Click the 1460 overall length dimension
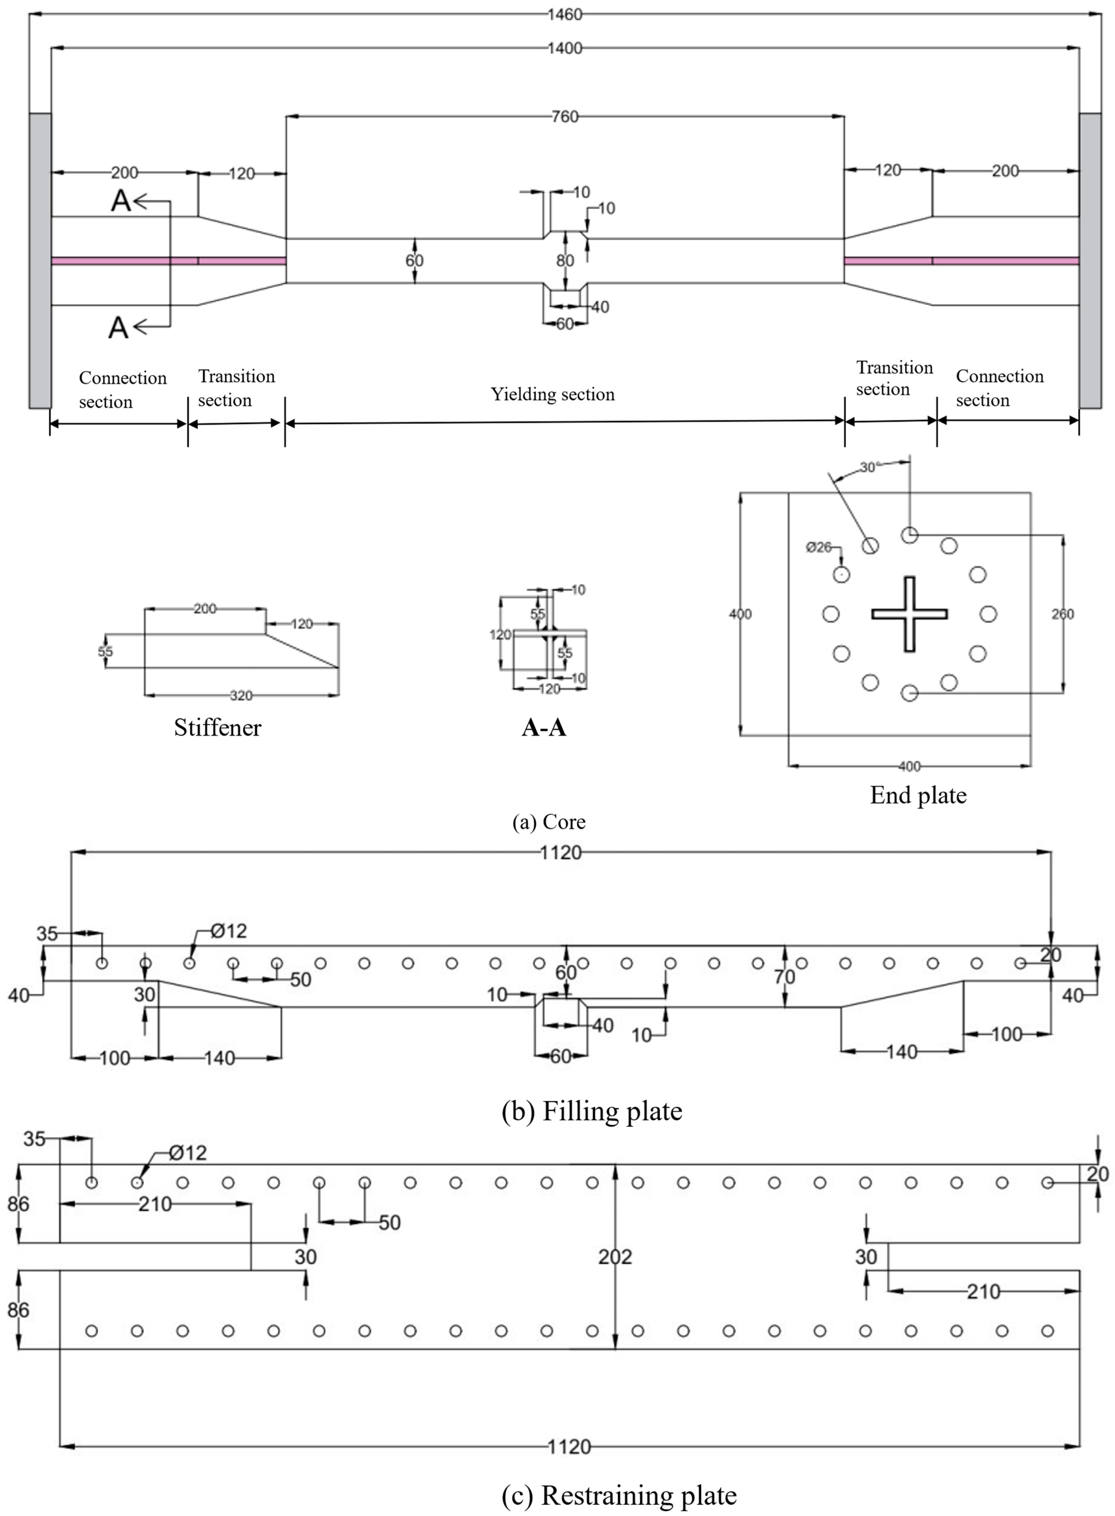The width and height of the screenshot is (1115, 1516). pos(564,14)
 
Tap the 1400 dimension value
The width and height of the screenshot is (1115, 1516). pos(564,48)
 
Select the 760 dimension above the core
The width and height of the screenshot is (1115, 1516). pos(564,117)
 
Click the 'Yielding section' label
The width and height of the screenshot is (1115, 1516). pos(552,394)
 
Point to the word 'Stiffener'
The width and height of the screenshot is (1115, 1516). pos(217,728)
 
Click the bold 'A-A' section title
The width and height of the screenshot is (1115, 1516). pos(544,728)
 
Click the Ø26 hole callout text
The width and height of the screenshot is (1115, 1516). pos(819,547)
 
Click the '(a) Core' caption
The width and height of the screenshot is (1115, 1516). pos(549,822)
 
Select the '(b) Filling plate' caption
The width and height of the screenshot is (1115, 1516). pos(592,1111)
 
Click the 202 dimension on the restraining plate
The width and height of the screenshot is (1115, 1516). pos(615,1257)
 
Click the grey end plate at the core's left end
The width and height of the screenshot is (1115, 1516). pos(40,261)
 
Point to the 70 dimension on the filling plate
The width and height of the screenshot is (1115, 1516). pos(784,976)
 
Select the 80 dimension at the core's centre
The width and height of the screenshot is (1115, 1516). pos(565,261)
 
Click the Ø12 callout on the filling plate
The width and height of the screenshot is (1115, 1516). pos(228,931)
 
